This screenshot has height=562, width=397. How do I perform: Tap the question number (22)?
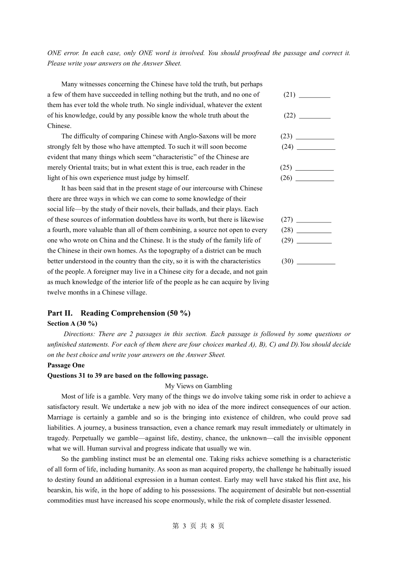tap(290, 115)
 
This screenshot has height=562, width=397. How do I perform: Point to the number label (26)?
tap(286, 178)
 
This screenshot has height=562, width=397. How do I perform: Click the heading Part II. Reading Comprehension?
tap(119, 313)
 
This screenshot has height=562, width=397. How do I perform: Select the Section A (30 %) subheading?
tap(72, 324)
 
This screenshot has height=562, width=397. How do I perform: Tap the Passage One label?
tap(66, 365)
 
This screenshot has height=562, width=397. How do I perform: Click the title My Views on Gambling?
tap(198, 386)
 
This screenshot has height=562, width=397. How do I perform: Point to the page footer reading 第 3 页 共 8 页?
tap(198, 526)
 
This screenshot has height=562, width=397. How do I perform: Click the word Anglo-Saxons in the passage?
tap(199, 136)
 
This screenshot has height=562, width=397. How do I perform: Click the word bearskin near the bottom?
tap(60, 490)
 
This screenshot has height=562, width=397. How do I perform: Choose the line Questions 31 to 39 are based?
tap(127, 376)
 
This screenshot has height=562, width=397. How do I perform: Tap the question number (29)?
tap(288, 240)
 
